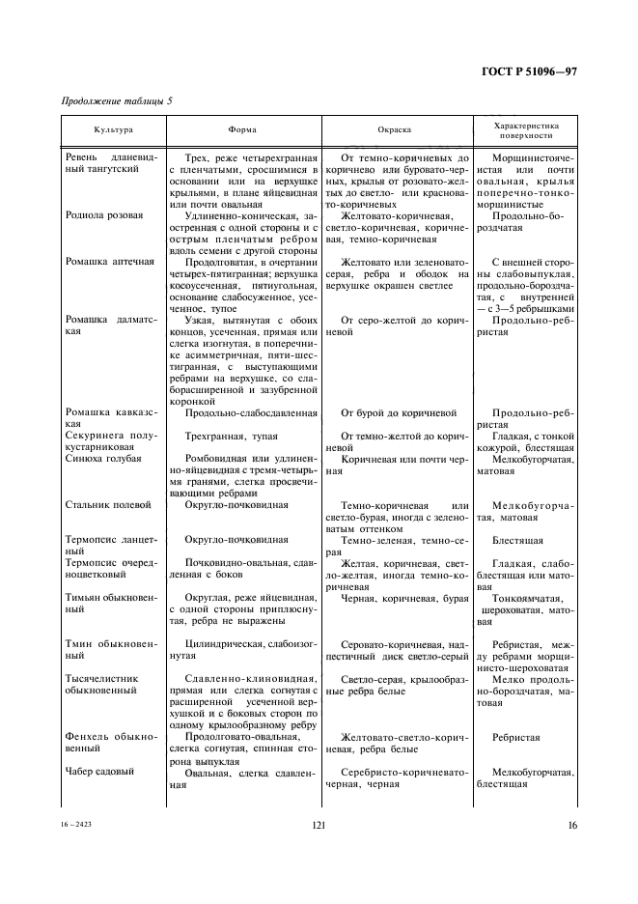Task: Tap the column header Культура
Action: coord(114,129)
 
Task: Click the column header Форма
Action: coord(241,129)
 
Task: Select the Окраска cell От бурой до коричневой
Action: coord(399,412)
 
